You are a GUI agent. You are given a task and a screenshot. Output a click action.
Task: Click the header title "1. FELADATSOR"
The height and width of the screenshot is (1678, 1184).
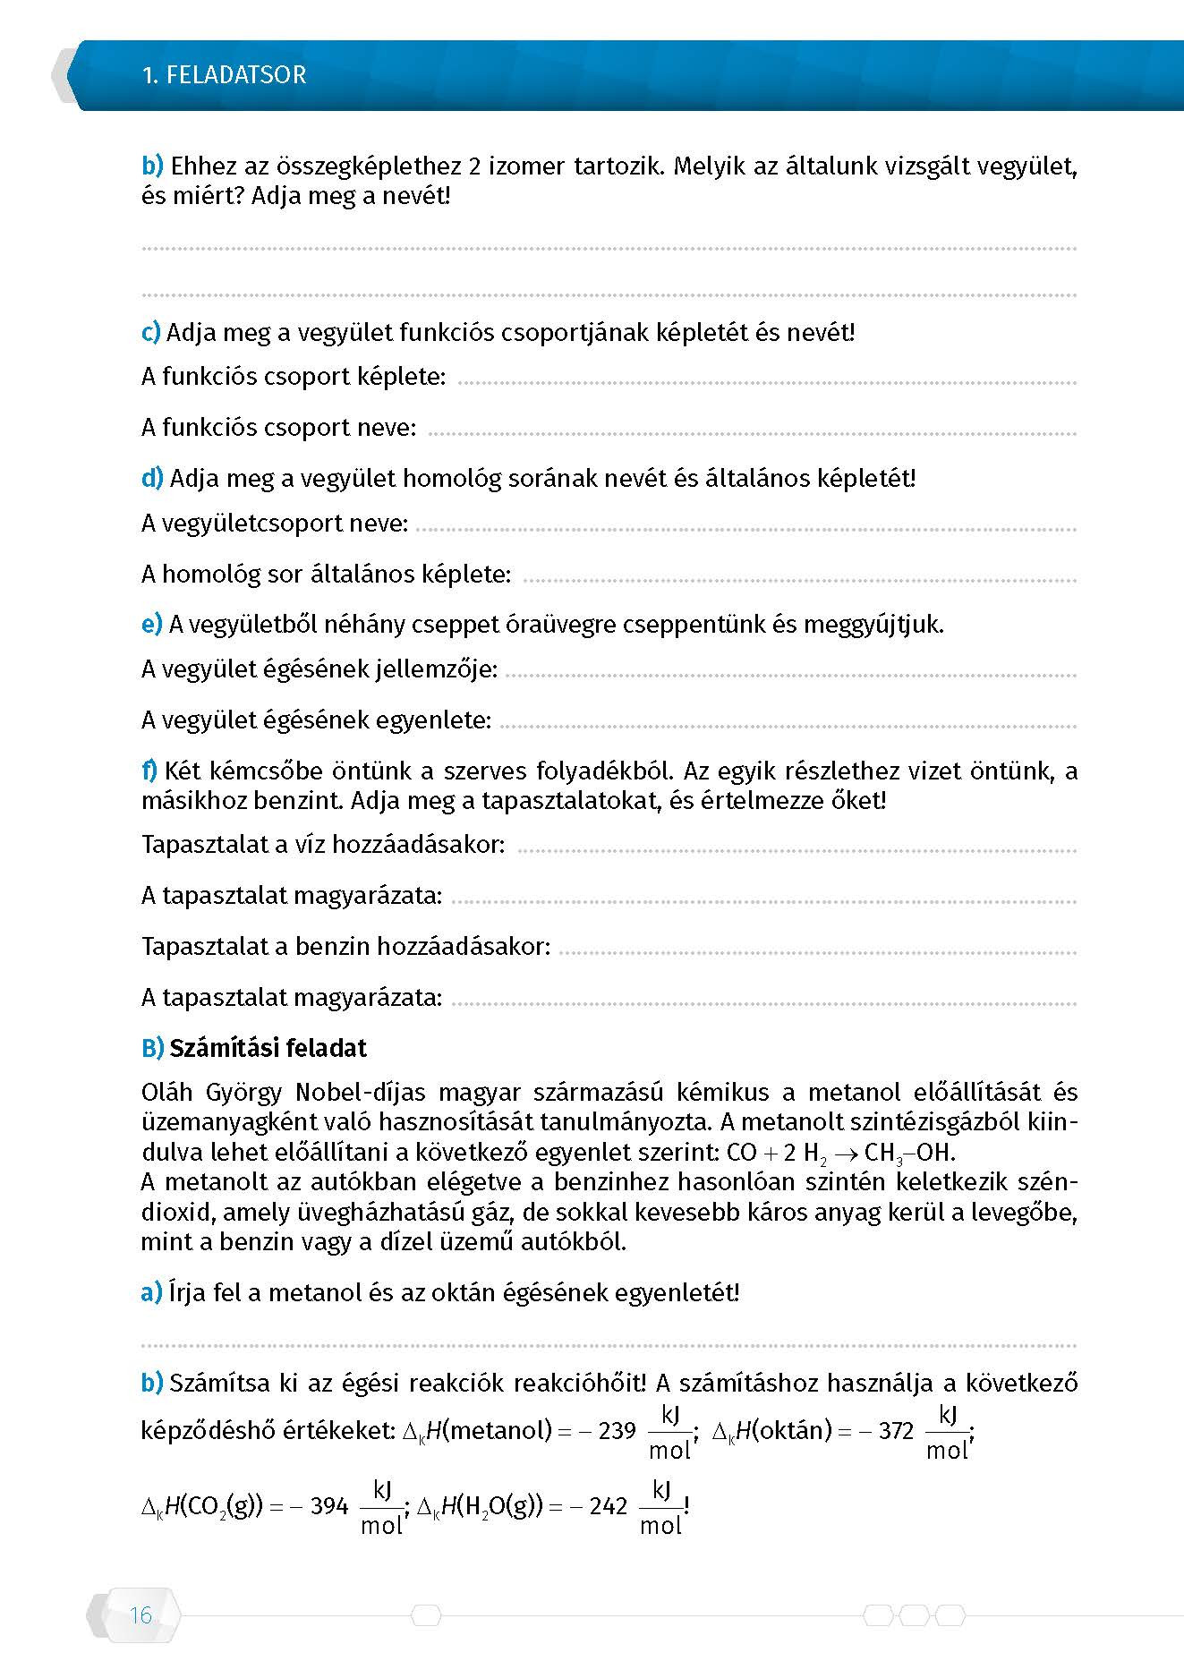coord(224,74)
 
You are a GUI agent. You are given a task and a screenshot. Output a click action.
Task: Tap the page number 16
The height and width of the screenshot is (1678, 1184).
coord(141,1615)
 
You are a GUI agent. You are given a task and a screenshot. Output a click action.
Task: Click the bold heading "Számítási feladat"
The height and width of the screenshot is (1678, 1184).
coord(268,1048)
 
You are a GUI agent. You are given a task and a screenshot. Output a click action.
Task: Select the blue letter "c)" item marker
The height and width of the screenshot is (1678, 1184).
coord(151,332)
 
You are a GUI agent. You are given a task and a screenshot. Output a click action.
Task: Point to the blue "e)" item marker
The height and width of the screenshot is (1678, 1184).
coord(151,624)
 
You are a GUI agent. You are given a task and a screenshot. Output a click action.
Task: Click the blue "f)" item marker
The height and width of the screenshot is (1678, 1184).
coord(149,770)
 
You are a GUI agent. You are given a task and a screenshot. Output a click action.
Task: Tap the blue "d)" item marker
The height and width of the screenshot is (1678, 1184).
coord(152,478)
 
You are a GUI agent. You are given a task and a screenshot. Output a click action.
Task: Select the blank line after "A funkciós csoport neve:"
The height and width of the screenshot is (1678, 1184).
coord(752,434)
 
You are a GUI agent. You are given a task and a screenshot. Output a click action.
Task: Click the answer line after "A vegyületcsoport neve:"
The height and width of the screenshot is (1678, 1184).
coord(745,530)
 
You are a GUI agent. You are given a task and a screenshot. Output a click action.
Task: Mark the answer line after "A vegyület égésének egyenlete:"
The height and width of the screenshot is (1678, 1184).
coord(788,727)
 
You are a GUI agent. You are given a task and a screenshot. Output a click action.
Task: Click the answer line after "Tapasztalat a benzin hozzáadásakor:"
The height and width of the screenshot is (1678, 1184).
coord(816,953)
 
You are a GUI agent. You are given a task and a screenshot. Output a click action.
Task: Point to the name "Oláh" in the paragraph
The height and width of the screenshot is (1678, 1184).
coord(167,1093)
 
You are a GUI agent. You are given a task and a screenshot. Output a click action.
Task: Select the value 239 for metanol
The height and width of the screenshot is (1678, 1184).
coord(617,1430)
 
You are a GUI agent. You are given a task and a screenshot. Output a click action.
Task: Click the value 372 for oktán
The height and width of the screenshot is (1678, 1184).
coord(896,1430)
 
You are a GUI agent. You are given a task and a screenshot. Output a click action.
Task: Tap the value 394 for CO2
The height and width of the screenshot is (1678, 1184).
coord(328,1506)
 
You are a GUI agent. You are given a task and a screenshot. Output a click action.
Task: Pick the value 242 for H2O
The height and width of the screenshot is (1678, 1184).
coord(609,1506)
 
